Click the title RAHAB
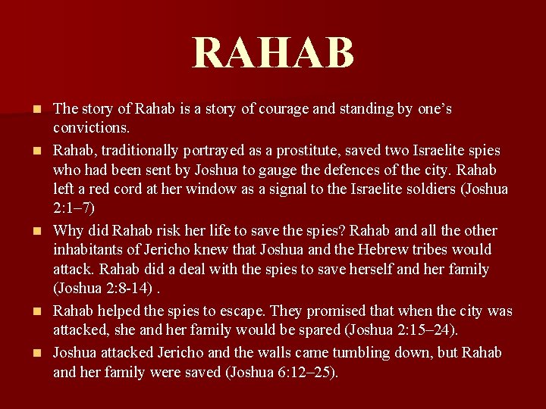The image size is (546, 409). tap(273, 52)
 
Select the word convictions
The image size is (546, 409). tap(91, 128)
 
